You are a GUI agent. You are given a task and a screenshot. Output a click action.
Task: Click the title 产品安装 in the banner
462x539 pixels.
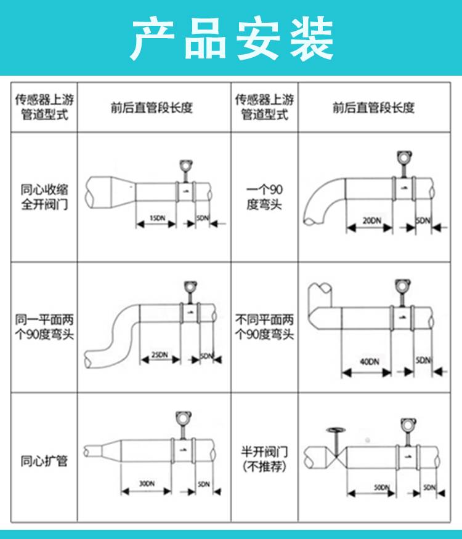click(x=232, y=38)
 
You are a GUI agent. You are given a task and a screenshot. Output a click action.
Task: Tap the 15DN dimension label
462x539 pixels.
click(x=157, y=218)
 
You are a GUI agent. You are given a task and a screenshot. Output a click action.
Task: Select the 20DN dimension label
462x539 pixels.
click(x=371, y=220)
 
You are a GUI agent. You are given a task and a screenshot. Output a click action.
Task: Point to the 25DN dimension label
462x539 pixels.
click(x=159, y=354)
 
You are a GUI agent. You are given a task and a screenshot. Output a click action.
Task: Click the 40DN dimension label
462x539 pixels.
click(x=370, y=361)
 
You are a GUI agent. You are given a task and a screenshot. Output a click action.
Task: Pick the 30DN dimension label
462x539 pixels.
click(x=147, y=483)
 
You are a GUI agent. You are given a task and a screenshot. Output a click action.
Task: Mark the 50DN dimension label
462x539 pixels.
click(x=382, y=487)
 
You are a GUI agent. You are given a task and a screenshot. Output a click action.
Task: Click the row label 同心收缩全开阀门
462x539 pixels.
click(x=44, y=197)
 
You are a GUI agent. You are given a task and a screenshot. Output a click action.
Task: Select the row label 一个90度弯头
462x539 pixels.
click(x=264, y=197)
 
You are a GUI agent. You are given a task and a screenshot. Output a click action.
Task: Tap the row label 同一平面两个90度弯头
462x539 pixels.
click(x=44, y=327)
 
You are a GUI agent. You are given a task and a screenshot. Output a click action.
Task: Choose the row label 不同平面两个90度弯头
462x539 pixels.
click(x=264, y=327)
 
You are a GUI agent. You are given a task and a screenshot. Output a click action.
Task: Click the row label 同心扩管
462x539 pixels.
click(x=44, y=461)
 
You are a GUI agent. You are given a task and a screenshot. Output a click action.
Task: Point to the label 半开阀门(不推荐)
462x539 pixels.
click(x=264, y=459)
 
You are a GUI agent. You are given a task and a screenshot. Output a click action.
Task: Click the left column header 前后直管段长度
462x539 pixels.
click(x=152, y=108)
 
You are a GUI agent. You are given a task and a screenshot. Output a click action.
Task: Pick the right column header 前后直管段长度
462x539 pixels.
click(x=373, y=108)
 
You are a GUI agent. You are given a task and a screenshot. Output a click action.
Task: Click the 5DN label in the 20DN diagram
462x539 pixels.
click(x=423, y=220)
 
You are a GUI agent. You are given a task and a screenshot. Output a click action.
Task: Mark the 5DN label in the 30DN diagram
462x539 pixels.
click(x=204, y=484)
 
